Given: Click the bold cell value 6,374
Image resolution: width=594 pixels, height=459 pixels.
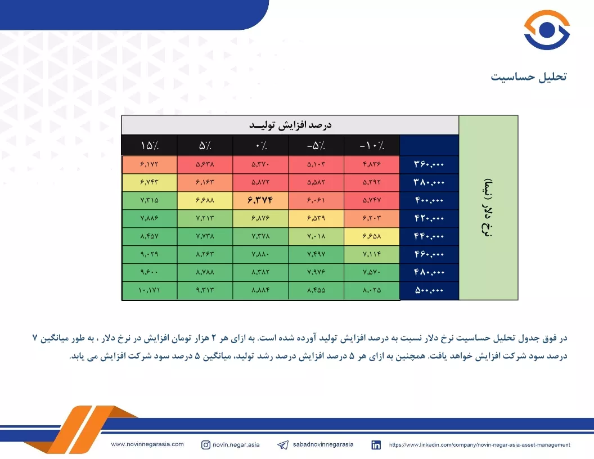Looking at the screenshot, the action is (260, 200).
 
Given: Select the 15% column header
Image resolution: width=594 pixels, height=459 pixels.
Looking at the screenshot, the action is (150, 146).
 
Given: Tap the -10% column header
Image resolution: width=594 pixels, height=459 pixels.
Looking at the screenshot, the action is (372, 146).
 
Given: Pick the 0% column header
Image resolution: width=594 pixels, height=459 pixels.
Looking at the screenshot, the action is (260, 146).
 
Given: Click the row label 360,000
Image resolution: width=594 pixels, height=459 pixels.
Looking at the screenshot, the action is (429, 164).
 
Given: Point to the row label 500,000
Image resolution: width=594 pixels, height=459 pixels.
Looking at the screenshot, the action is (429, 290).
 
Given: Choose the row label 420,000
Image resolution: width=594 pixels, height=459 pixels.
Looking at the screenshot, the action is (429, 218).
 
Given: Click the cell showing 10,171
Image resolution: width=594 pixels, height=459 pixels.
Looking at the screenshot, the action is (149, 290).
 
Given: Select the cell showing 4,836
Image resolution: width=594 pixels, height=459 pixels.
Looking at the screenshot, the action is (372, 164).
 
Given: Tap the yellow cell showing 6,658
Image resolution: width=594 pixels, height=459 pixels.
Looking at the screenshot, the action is (372, 236).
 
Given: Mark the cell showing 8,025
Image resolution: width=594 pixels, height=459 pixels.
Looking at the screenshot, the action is (372, 290).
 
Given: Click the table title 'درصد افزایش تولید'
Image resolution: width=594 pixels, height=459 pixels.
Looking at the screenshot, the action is (290, 125).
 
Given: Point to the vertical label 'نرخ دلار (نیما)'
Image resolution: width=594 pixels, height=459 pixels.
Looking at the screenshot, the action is (488, 208).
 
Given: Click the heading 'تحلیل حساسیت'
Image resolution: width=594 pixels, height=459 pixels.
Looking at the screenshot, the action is (529, 76).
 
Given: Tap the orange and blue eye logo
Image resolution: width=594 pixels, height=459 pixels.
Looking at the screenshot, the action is (547, 30).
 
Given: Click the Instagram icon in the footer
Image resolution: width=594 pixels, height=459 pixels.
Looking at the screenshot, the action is (206, 444).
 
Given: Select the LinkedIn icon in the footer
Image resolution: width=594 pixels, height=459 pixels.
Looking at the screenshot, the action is (376, 445).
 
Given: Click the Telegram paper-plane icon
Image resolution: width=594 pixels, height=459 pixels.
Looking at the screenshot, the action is (283, 445).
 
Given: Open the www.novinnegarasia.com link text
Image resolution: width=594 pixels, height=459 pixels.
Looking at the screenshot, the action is (147, 444).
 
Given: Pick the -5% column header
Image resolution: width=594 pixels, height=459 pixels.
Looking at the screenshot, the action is (316, 146).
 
